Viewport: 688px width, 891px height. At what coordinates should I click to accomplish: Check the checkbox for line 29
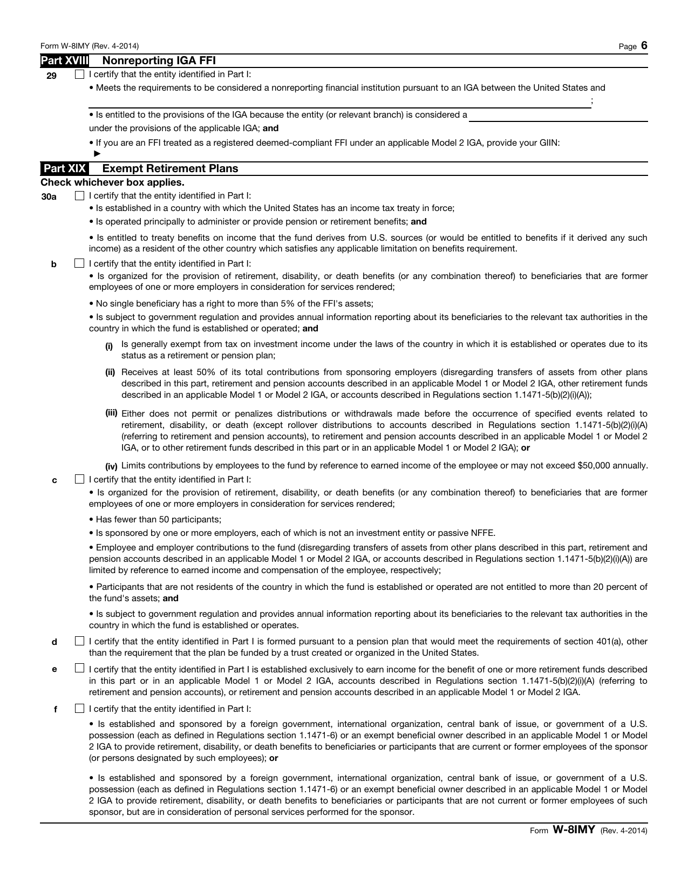click(80, 74)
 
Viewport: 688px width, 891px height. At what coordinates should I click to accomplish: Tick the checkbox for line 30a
click(80, 196)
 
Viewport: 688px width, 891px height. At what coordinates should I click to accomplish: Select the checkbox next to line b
click(80, 263)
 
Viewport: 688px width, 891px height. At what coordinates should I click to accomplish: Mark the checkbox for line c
click(80, 479)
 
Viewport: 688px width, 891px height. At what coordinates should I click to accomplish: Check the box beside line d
click(80, 641)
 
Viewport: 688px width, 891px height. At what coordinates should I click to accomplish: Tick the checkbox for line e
click(80, 669)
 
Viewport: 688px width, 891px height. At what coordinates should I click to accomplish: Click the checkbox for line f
click(80, 709)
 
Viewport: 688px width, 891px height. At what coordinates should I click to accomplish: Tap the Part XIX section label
click(65, 168)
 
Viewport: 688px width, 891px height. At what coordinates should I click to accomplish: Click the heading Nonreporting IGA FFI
click(159, 60)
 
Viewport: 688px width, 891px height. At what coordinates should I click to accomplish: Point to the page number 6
click(644, 46)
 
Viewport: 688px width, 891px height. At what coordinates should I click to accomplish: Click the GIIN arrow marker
click(97, 154)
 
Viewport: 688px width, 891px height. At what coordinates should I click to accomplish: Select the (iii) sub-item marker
click(111, 413)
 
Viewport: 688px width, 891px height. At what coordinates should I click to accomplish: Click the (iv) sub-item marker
click(111, 467)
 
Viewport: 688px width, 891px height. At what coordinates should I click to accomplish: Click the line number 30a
click(49, 197)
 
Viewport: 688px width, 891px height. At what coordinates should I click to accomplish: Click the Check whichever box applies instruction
click(112, 182)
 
